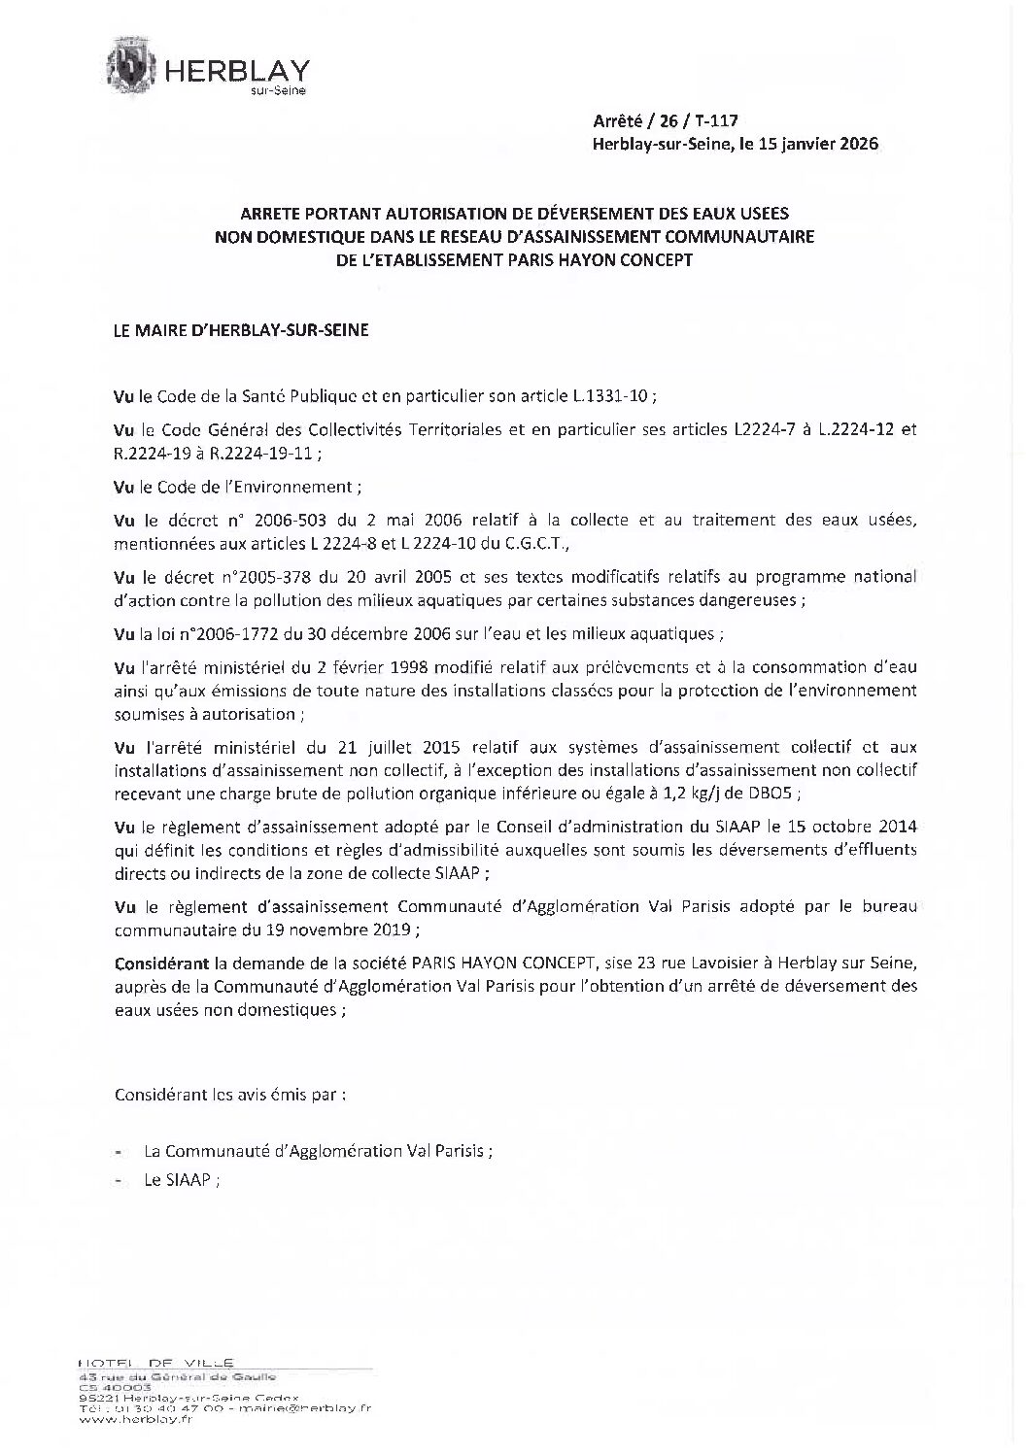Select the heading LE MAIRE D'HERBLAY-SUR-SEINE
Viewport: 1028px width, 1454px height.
pyautogui.click(x=241, y=330)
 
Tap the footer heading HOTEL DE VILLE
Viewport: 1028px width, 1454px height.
pyautogui.click(x=156, y=1363)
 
